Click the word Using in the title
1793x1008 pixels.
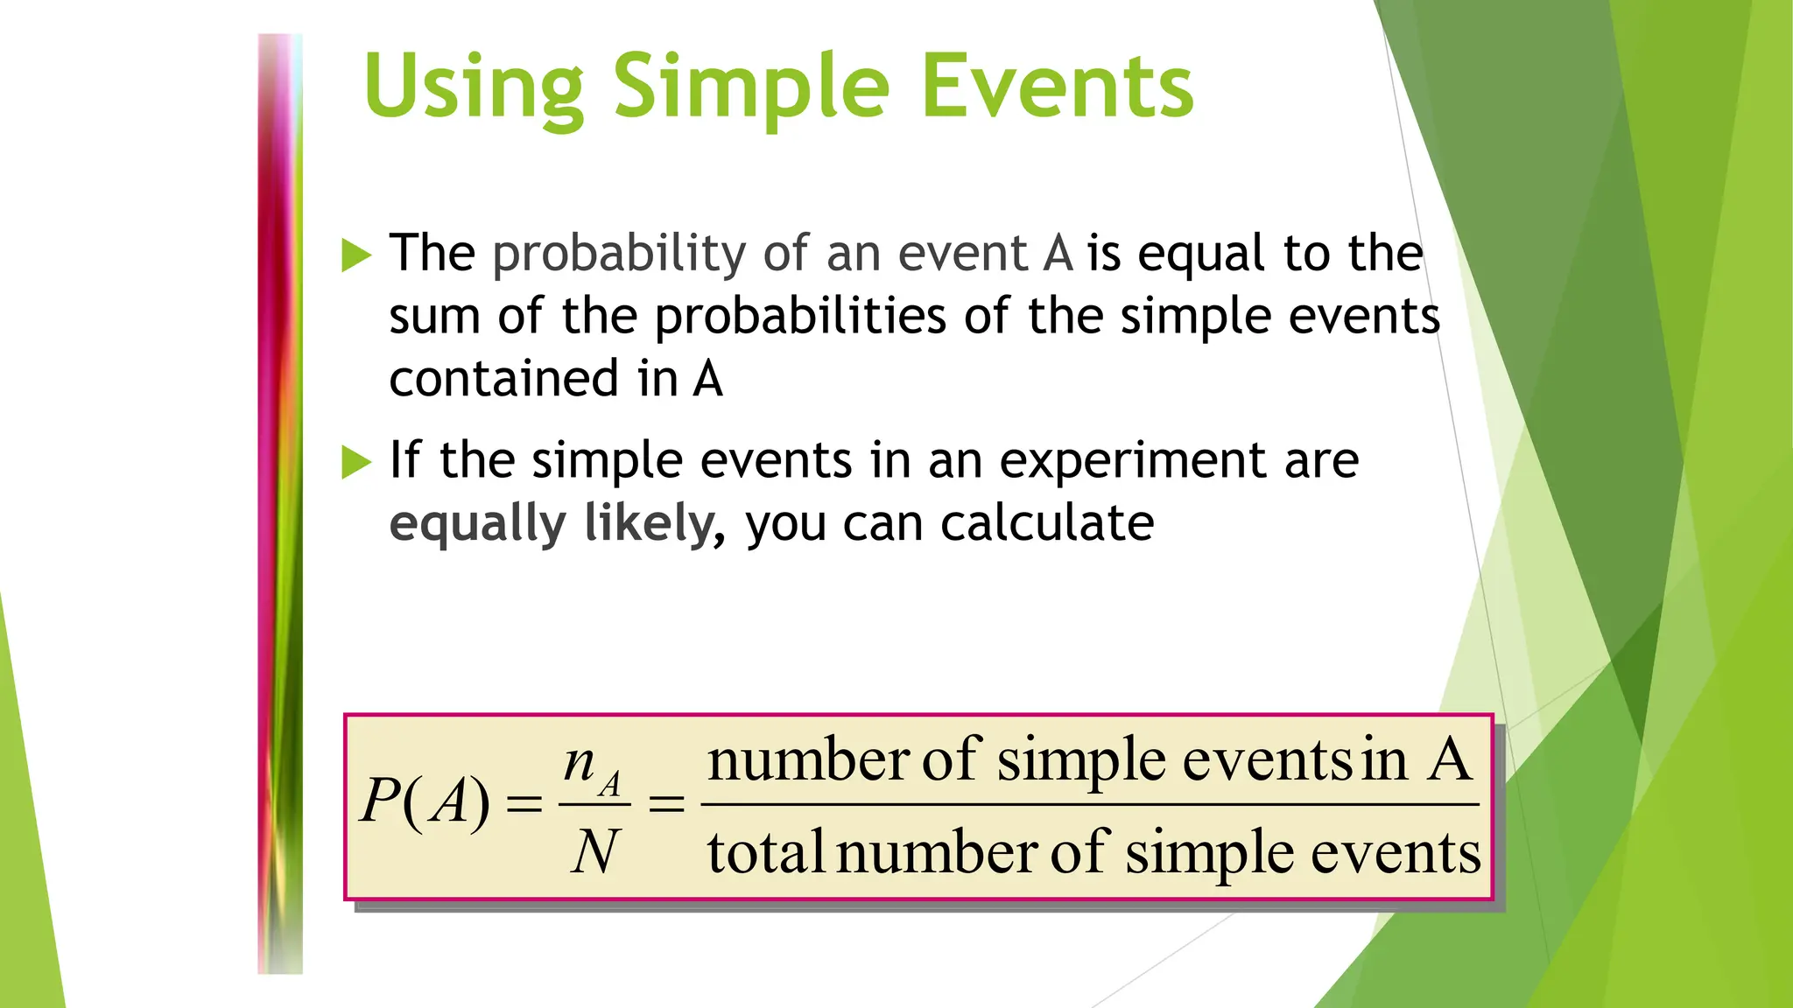[474, 87]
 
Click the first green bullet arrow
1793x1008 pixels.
[356, 255]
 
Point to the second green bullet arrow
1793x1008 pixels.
[356, 462]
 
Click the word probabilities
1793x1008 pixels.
[800, 317]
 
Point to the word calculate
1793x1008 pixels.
[1047, 523]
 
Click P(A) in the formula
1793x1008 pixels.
[425, 801]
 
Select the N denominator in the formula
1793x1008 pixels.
[594, 851]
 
